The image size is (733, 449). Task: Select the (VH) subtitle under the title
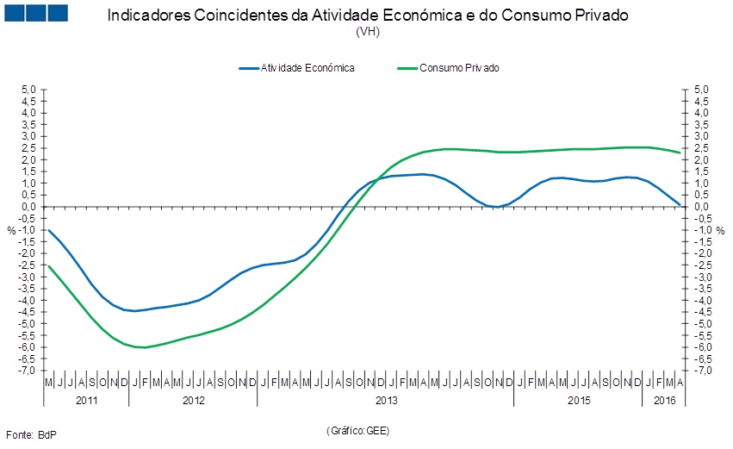pos(367,32)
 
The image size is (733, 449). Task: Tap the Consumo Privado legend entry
pos(459,67)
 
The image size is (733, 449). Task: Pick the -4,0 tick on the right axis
pos(702,300)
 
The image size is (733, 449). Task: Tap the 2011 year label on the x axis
pos(86,401)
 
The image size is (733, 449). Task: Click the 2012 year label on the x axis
pos(194,401)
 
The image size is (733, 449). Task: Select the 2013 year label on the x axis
pos(386,401)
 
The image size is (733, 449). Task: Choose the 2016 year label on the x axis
pos(665,401)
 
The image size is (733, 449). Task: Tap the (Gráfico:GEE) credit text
pos(359,429)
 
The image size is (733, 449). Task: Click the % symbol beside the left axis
pos(11,230)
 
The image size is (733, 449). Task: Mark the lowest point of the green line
pos(143,347)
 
